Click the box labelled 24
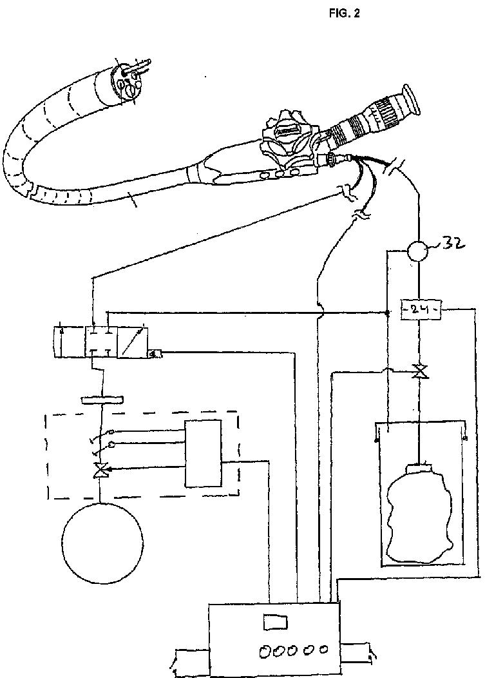420,309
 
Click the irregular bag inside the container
418,509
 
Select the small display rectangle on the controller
275,623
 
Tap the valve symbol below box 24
420,372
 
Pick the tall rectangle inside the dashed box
203,453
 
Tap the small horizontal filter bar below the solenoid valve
102,400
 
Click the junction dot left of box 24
386,314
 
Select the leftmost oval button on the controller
265,652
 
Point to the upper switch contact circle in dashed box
111,432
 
